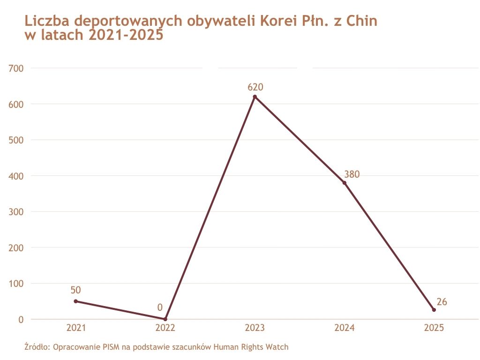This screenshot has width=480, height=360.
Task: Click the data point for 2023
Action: click(255, 97)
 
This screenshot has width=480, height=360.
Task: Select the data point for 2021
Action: click(76, 301)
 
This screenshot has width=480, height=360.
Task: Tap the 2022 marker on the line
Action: click(165, 319)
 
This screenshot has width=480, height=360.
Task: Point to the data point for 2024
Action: click(345, 183)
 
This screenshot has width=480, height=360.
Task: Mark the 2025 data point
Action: click(434, 310)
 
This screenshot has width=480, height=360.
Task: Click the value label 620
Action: click(255, 87)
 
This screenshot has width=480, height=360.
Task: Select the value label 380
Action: click(352, 174)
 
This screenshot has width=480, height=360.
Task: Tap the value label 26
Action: click(442, 302)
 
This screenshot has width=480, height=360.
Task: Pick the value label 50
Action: click(76, 290)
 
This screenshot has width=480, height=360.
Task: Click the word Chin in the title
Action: click(361, 21)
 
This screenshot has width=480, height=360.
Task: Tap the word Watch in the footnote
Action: click(278, 347)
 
